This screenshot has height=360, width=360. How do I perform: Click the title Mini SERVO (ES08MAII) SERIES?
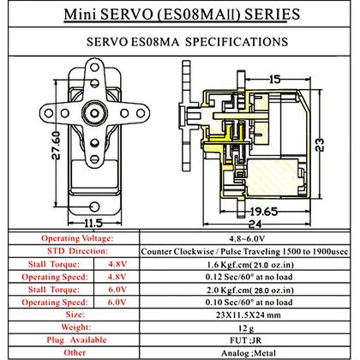(179, 15)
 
